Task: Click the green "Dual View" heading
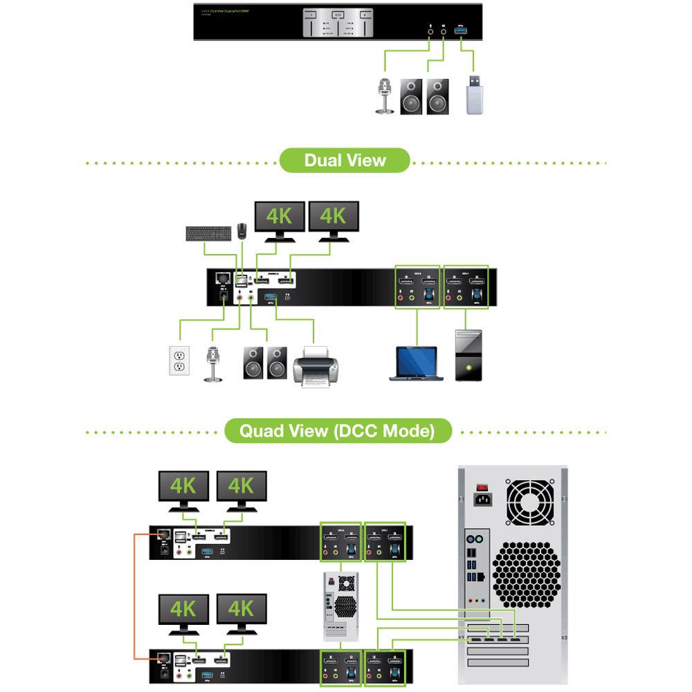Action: (x=345, y=161)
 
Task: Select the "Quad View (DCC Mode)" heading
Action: (x=337, y=431)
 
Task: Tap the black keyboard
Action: (x=207, y=233)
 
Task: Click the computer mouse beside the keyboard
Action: (x=241, y=232)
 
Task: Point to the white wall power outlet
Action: (x=180, y=361)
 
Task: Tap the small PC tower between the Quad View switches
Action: (x=341, y=603)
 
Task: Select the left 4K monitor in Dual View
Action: (x=280, y=219)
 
